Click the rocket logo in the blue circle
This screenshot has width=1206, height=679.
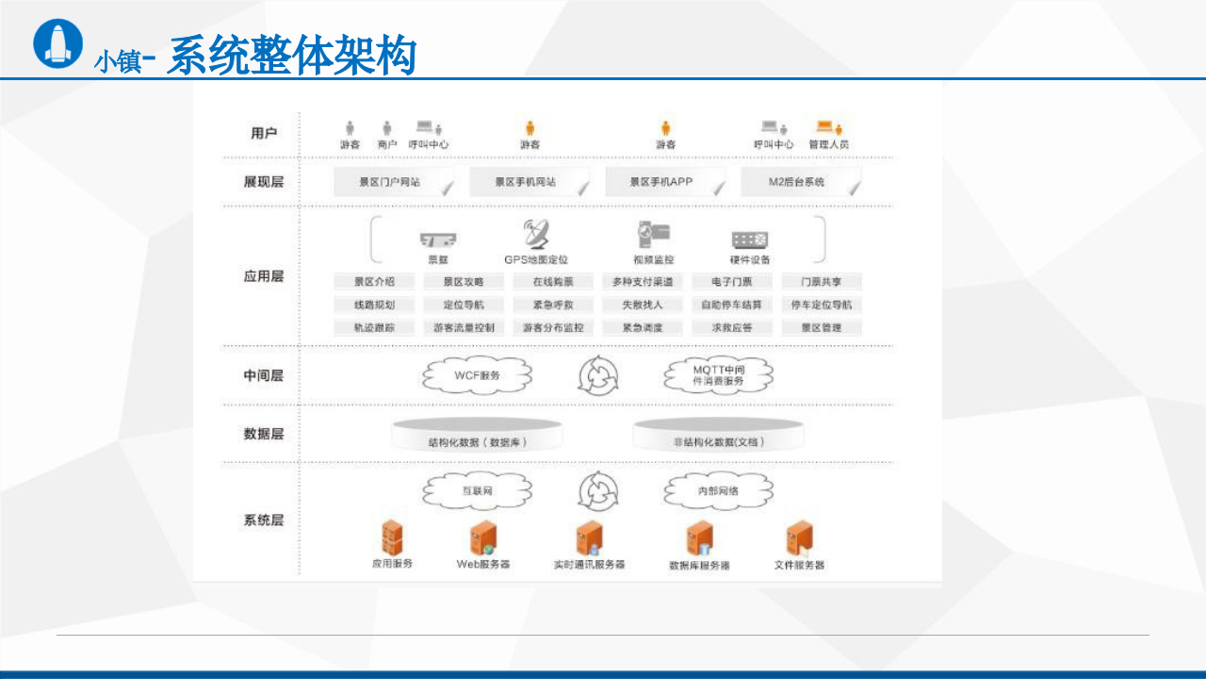(x=57, y=42)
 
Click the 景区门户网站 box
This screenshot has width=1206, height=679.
(x=391, y=182)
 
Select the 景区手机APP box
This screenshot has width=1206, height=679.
(x=662, y=182)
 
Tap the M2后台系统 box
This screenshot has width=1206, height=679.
(x=797, y=182)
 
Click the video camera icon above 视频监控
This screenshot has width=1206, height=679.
(x=653, y=235)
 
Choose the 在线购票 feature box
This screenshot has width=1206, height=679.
(x=553, y=282)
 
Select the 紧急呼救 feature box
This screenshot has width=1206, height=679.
(x=553, y=305)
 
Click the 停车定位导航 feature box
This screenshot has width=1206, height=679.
(x=822, y=305)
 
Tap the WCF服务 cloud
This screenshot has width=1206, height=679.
(x=477, y=375)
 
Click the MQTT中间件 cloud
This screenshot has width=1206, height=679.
(x=719, y=375)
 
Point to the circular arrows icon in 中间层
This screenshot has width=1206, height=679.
(x=599, y=376)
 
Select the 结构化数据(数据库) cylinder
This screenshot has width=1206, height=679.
(x=478, y=435)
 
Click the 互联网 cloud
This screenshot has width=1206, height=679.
(x=477, y=490)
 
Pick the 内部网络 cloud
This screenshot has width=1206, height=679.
(x=718, y=490)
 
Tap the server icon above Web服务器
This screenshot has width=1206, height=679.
(x=483, y=538)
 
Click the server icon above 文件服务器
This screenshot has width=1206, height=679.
(x=799, y=538)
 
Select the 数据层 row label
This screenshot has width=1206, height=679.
(x=263, y=434)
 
